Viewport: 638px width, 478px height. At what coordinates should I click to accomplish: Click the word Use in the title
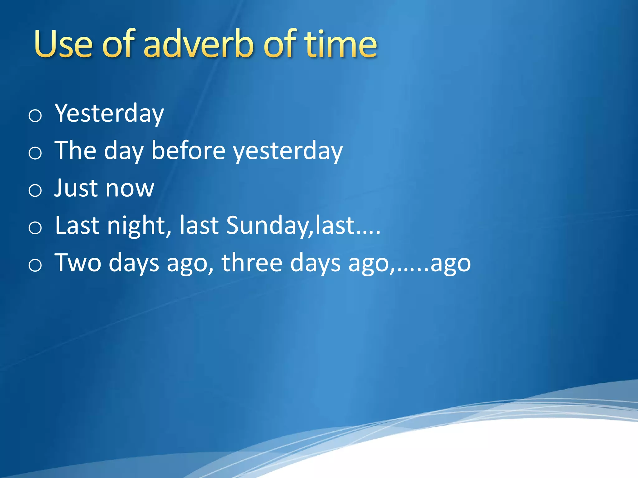[x=64, y=44]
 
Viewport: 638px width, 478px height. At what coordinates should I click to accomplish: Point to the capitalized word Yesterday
[x=109, y=114]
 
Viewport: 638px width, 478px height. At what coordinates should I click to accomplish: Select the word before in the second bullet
[x=188, y=151]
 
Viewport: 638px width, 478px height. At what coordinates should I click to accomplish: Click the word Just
[x=76, y=188]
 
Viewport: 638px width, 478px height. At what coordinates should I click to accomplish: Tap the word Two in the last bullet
[x=78, y=263]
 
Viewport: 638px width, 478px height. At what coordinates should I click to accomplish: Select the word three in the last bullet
[x=252, y=263]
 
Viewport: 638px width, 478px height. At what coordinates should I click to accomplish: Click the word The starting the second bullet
[x=75, y=151]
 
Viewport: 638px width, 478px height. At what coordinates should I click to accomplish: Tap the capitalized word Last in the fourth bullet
[x=77, y=225]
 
